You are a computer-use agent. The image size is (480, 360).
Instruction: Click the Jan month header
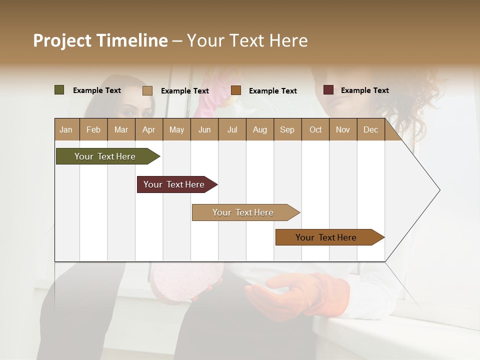coord(66,129)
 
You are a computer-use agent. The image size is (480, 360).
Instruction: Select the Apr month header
coord(148,129)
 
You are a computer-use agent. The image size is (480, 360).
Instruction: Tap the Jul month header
coord(232,129)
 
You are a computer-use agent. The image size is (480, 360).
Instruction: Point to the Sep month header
coord(287,129)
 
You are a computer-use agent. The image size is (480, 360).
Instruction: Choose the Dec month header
coord(370,129)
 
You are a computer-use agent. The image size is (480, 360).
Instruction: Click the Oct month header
coord(315,129)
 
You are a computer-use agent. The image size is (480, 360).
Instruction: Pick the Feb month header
coord(93,129)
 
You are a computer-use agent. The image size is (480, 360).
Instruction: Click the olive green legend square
coord(59,90)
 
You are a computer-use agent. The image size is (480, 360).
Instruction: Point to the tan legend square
coord(147,90)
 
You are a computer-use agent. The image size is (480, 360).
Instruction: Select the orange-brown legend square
coord(236,90)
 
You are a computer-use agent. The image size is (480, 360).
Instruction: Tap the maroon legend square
coord(328,90)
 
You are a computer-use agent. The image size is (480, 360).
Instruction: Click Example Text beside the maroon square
coord(364,90)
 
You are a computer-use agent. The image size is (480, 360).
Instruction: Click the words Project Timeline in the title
coord(100,40)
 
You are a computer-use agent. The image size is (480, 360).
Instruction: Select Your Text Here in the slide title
coord(247,40)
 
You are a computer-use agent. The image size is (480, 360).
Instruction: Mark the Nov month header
coord(343,129)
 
